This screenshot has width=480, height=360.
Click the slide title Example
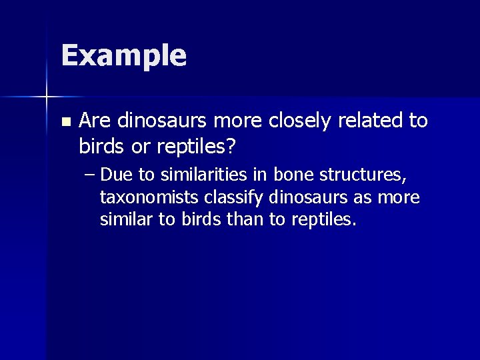[x=123, y=56]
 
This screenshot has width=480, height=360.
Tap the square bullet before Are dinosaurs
[x=65, y=122]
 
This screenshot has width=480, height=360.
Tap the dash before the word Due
[x=91, y=175]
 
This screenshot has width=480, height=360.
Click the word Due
[x=118, y=175]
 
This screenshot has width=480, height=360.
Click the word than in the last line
[x=247, y=219]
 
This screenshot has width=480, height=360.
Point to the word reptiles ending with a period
[x=324, y=219]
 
